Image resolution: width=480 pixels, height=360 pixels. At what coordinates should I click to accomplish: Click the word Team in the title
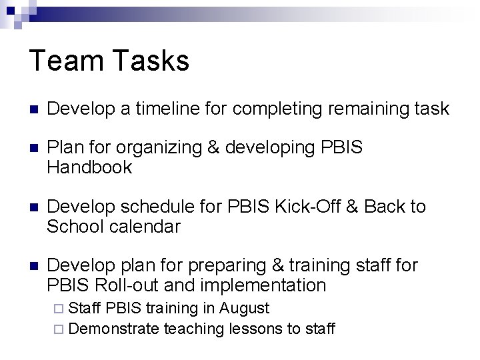pos(63,61)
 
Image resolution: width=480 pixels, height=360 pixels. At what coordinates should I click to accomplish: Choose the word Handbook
pos(89,167)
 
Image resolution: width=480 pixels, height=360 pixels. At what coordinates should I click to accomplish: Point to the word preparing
pos(228,266)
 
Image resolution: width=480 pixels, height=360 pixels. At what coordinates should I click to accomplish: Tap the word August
pos(245,308)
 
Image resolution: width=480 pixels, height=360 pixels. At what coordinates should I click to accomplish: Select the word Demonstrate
pos(113,328)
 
